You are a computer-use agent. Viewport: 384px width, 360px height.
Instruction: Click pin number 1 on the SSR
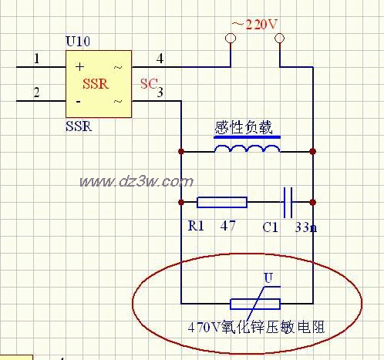pos(35,58)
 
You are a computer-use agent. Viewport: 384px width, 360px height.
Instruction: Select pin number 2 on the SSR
pos(35,93)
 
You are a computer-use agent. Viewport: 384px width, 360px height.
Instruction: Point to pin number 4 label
pos(160,58)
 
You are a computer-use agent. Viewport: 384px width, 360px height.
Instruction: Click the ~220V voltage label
pos(253,25)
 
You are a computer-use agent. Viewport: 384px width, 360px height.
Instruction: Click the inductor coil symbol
pos(246,150)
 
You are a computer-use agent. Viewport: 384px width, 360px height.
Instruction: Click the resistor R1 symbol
pos(222,203)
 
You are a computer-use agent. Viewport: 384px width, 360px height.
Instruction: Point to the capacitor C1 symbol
pos(288,203)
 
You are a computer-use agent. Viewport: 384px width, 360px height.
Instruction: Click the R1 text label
pos(197,227)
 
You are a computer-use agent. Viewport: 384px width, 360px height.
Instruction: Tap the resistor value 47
pos(227,227)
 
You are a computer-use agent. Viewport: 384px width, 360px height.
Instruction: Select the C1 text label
pos(270,227)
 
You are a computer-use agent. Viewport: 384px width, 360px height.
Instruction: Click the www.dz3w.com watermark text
pos(136,182)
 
